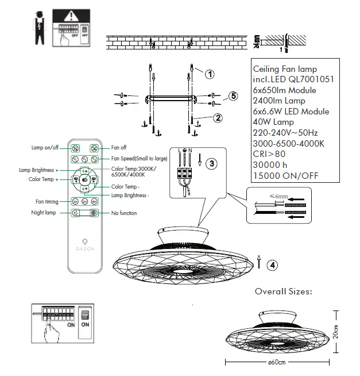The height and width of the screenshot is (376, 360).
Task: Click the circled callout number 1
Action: [x=210, y=74]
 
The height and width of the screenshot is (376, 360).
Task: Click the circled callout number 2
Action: [x=218, y=118]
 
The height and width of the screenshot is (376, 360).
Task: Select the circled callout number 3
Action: [x=212, y=164]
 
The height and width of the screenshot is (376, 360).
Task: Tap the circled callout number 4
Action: [x=273, y=265]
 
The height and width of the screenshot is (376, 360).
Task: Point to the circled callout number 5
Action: [x=233, y=97]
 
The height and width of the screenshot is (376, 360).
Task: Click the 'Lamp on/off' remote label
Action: [x=45, y=148]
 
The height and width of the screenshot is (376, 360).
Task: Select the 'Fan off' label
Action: [x=119, y=148]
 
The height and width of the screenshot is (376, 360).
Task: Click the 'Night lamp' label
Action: [x=44, y=213]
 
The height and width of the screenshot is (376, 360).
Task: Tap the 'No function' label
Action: [x=124, y=213]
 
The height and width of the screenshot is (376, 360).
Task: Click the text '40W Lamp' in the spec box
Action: [x=273, y=122]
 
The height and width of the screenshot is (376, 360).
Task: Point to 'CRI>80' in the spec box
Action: [x=269, y=154]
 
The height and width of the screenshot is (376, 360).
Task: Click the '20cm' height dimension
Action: [x=336, y=332]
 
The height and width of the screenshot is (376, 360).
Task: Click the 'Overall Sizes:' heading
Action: [x=283, y=291]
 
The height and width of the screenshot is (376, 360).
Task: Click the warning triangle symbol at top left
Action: [x=69, y=16]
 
